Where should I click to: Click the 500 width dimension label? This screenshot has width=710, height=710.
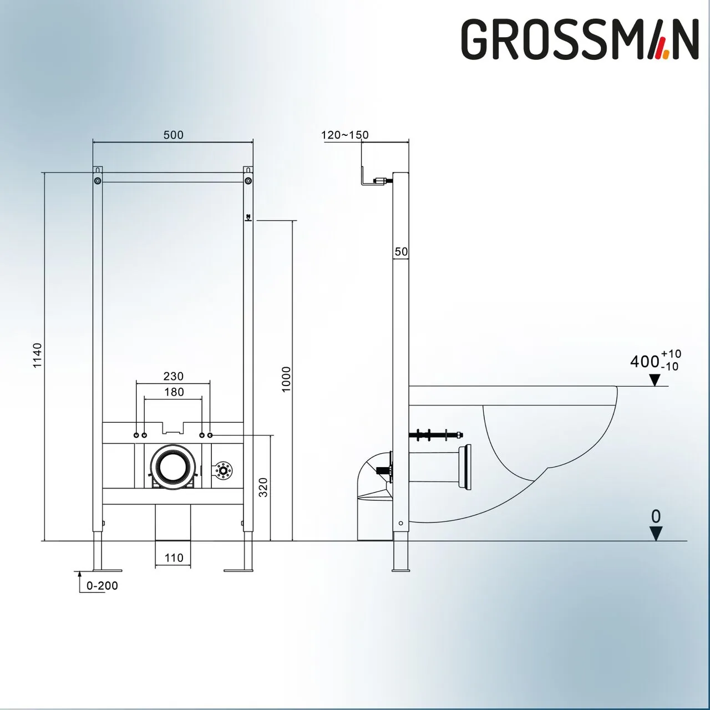click(x=173, y=135)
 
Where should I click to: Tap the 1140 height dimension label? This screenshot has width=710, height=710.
click(x=37, y=356)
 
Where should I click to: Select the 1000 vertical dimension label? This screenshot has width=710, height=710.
click(x=286, y=379)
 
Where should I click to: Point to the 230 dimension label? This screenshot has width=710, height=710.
click(x=173, y=376)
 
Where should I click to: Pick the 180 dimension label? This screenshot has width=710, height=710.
click(x=174, y=392)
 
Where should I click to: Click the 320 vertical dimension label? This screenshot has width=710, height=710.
click(x=263, y=487)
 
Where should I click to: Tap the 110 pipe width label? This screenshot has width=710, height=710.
click(x=174, y=558)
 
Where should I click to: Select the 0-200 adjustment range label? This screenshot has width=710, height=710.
click(x=102, y=586)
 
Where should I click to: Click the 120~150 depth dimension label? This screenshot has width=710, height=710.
click(x=344, y=135)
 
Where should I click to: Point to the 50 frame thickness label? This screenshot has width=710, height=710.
click(x=401, y=252)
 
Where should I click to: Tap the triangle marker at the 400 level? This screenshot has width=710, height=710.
click(x=655, y=380)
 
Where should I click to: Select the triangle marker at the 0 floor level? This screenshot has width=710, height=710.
click(x=656, y=534)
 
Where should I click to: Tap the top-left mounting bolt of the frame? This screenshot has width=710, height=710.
click(x=98, y=181)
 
